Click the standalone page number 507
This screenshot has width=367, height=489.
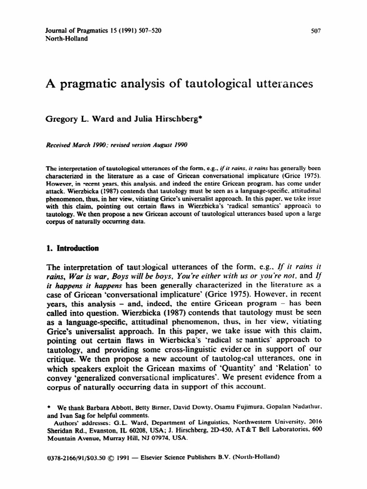(x=315, y=31)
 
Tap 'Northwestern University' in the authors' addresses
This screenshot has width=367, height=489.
(x=248, y=422)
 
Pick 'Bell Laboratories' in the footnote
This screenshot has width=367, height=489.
(x=280, y=430)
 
